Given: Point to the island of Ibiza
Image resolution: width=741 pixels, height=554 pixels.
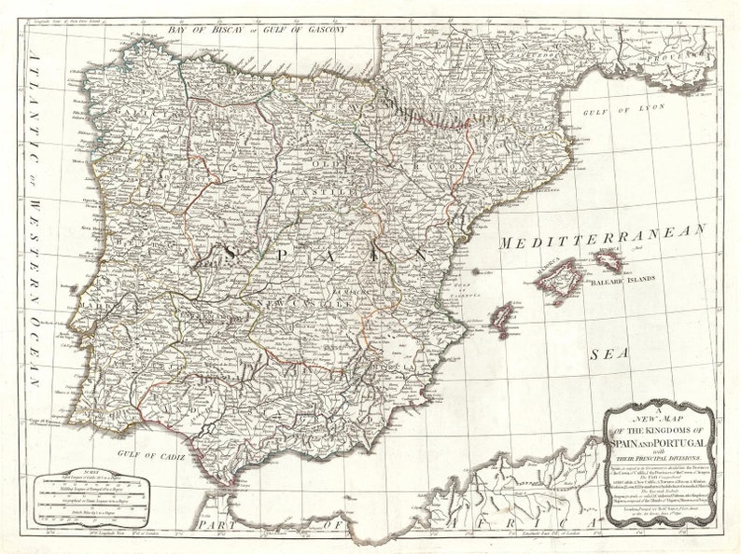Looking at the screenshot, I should [505, 312].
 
